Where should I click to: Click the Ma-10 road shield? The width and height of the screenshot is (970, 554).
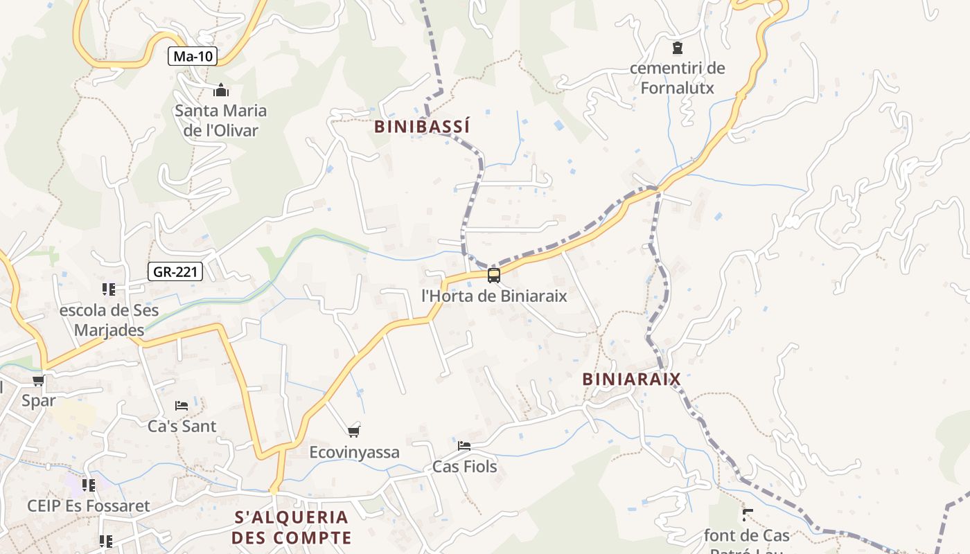click(193, 56)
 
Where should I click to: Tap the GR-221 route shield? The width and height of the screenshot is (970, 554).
click(175, 271)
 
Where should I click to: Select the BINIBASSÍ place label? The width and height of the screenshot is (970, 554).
click(422, 127)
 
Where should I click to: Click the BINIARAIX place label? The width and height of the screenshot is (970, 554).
click(632, 379)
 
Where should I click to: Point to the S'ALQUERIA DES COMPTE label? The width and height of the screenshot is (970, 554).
click(292, 528)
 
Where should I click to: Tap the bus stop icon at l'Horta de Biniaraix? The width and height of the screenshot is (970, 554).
click(494, 276)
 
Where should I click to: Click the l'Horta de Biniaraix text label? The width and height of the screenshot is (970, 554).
click(494, 296)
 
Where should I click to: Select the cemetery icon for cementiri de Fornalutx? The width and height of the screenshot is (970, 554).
click(677, 48)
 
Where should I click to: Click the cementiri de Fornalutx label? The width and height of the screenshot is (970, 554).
click(677, 78)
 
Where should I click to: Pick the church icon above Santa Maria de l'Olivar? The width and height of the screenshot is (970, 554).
click(221, 90)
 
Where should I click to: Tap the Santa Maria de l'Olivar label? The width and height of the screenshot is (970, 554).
click(220, 120)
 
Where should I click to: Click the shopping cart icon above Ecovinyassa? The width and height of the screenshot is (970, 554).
click(354, 431)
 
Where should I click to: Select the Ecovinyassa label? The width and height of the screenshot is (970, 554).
click(354, 452)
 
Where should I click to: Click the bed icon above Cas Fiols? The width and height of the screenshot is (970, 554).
click(464, 445)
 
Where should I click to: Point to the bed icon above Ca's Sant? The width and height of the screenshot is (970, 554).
click(182, 405)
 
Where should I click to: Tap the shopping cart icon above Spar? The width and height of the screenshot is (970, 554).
click(38, 380)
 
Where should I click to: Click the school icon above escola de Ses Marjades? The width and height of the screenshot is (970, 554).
click(108, 289)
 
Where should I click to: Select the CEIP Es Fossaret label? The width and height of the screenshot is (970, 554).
click(89, 506)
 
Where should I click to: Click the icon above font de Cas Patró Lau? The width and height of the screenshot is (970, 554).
click(747, 515)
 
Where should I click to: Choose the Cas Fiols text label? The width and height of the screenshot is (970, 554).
click(464, 467)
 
